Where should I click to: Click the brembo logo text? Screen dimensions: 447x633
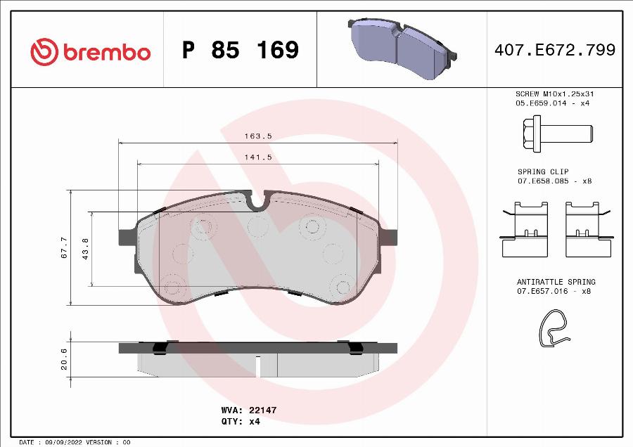106,51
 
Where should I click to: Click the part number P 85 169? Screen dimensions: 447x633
240,51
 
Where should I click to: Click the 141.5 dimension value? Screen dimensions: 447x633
258,157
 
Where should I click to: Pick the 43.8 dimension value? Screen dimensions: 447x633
85,249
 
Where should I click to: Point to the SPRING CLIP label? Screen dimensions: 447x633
543,171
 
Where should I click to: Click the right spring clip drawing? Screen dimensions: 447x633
588,228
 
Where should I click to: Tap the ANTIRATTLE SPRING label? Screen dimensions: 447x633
556,281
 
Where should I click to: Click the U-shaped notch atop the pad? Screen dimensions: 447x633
258,203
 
